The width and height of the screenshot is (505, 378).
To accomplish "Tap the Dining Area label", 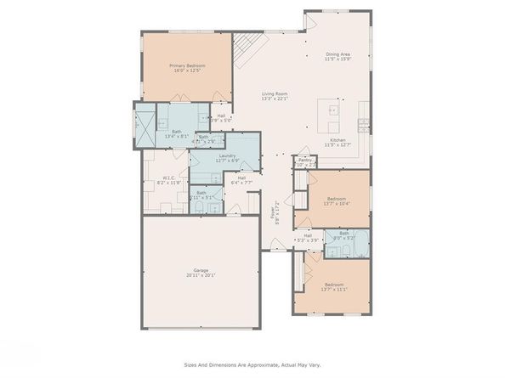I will coord(338,54).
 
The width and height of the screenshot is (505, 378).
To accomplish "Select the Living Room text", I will coord(274,94).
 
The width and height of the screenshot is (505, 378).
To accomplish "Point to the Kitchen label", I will coord(338,139).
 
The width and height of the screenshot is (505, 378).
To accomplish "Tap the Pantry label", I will coord(303,159).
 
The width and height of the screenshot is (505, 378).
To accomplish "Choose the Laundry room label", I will coord(226,155).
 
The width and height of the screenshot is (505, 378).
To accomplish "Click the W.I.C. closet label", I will coord(168,178).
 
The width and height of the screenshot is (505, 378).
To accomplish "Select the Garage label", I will coord(200,270).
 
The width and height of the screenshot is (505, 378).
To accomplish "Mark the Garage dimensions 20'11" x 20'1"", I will coord(200,275).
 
